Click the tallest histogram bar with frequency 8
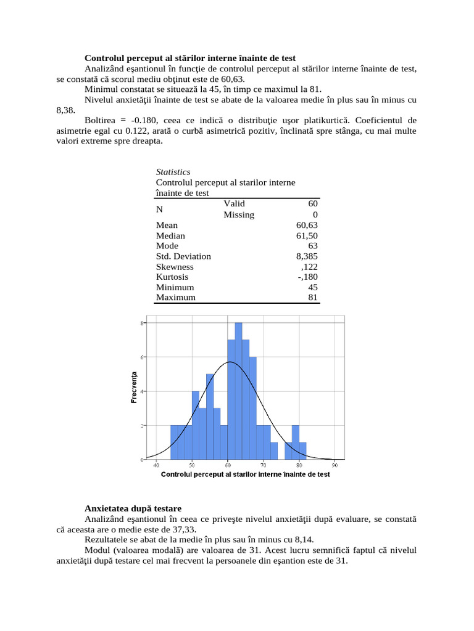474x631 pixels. click(x=238, y=391)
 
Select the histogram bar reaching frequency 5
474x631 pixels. click(x=210, y=417)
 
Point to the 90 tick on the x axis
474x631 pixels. click(x=335, y=465)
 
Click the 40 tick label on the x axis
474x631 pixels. click(x=156, y=465)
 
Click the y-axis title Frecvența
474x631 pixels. click(x=133, y=387)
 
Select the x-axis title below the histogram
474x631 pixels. click(x=245, y=474)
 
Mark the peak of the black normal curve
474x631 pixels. click(x=230, y=362)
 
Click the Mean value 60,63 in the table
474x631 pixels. click(x=307, y=226)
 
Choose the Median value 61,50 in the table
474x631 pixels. click(x=307, y=236)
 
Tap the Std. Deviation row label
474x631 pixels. click(x=183, y=256)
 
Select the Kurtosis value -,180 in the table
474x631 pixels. click(x=307, y=277)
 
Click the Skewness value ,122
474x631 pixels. click(x=309, y=267)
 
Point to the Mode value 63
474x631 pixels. click(x=312, y=246)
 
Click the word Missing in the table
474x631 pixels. click(x=239, y=215)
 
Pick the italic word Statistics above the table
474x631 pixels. click(x=173, y=172)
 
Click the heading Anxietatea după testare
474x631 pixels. click(x=133, y=509)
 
